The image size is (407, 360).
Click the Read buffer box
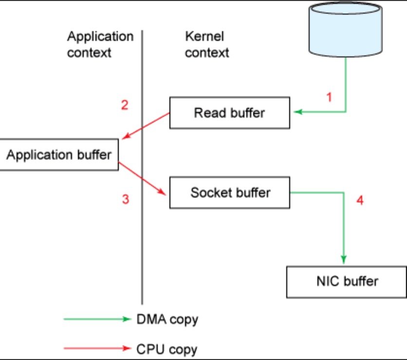pos(230,113)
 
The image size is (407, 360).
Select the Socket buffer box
pos(230,193)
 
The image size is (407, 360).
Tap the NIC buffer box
pos(347,282)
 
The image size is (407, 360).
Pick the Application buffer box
pos(59,155)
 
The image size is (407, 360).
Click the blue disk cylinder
pos(346,29)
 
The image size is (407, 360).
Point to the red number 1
pos(329,97)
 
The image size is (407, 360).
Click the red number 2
pos(125,105)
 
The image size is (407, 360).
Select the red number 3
pos(126,199)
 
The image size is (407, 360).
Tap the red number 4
pos(360,200)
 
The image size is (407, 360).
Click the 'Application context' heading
pos(100,44)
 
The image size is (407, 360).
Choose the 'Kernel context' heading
pos(207,44)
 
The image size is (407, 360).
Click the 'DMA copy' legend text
pos(167,320)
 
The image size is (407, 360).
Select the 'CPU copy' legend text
pos(167,349)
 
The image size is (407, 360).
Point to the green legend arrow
pos(97,319)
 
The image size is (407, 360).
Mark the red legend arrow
pos(97,348)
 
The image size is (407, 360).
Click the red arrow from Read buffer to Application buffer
pos(146,126)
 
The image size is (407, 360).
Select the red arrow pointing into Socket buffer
pos(142,179)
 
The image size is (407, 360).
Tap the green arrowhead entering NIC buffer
pos(344,260)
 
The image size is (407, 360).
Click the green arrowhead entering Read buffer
pos(298,112)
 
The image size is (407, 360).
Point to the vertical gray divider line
pos(142,167)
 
